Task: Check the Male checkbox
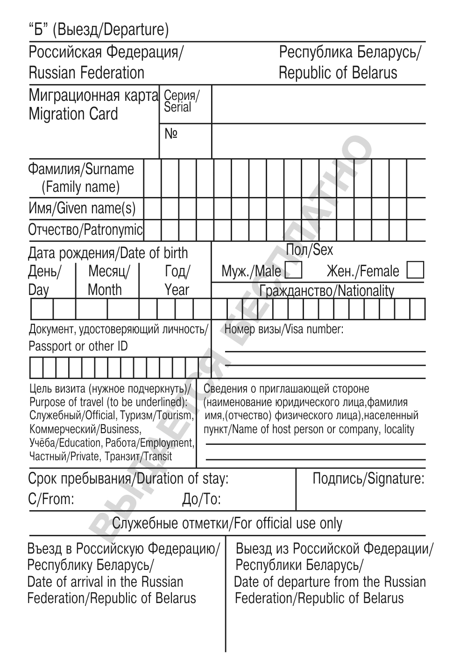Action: click(293, 271)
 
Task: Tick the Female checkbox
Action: click(415, 271)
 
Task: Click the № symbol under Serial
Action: click(171, 134)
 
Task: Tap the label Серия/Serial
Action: click(181, 101)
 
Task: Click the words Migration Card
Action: click(73, 114)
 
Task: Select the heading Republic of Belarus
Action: click(338, 73)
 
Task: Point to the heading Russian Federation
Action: click(86, 73)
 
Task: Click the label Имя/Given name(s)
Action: click(82, 208)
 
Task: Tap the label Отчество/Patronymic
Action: click(85, 230)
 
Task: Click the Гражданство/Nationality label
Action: click(326, 291)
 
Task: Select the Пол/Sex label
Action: click(310, 250)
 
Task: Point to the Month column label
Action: click(105, 290)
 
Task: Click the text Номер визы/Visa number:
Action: click(284, 330)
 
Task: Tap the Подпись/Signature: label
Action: click(368, 478)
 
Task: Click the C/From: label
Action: click(51, 499)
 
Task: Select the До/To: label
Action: click(201, 499)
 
